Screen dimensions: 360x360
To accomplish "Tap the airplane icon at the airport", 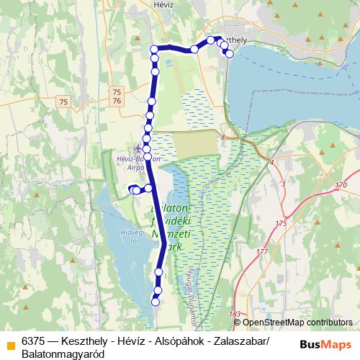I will tap(138, 148).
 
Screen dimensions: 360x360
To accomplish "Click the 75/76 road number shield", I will tap(117, 96).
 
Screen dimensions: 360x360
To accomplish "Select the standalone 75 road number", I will tap(64, 103).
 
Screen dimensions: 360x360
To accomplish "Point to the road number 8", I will tap(223, 137).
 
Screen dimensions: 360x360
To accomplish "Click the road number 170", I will tap(341, 186).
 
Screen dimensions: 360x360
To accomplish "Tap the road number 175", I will tap(281, 224).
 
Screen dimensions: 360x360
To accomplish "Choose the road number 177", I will tap(261, 251).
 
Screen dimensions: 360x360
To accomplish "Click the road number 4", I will tap(271, 163).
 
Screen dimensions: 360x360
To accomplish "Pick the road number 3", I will tap(283, 185).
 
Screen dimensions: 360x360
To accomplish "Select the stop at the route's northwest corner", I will tap(154, 49).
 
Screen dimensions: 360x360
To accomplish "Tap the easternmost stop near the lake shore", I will tap(229, 53).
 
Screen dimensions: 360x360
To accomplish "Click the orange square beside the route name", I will tap(10, 342).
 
